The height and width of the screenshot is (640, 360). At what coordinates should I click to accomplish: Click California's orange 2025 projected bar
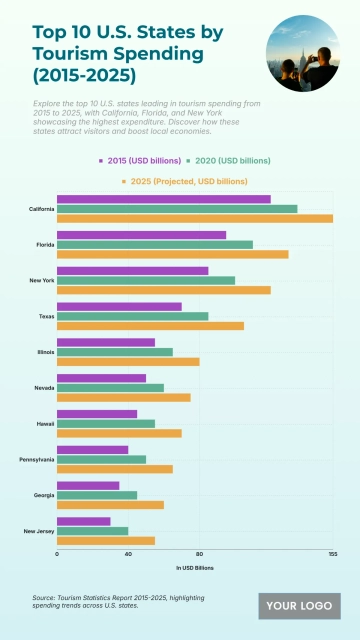coord(195,218)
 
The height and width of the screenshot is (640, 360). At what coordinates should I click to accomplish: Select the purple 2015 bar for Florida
coord(141,235)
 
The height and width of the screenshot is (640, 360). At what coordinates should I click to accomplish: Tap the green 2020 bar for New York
coord(146,280)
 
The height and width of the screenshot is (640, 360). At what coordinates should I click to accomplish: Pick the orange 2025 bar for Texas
coord(150,326)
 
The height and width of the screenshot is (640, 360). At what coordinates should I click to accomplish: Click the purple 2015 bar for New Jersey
coord(83,521)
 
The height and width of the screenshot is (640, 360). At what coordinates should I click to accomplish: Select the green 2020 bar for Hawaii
coord(106,423)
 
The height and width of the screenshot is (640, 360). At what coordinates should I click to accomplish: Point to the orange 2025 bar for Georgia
coord(110,505)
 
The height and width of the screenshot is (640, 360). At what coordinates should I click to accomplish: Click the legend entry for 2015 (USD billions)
coord(140,160)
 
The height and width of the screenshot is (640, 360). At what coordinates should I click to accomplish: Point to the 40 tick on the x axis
coord(128,553)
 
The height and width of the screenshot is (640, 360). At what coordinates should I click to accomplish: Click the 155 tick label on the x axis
coord(332,553)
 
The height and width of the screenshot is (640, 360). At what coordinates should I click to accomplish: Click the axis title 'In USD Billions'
coord(195,567)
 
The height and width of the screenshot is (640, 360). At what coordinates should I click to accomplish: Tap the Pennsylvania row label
coord(38,460)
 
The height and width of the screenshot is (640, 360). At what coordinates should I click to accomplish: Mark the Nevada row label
coord(43,388)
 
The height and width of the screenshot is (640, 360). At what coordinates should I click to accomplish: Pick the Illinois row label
coord(44,352)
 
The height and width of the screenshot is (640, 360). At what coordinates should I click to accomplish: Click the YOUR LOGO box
coord(299,605)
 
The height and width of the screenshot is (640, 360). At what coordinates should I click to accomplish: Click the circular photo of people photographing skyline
coord(303,52)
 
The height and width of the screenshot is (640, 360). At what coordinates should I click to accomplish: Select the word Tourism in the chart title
coord(66,52)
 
